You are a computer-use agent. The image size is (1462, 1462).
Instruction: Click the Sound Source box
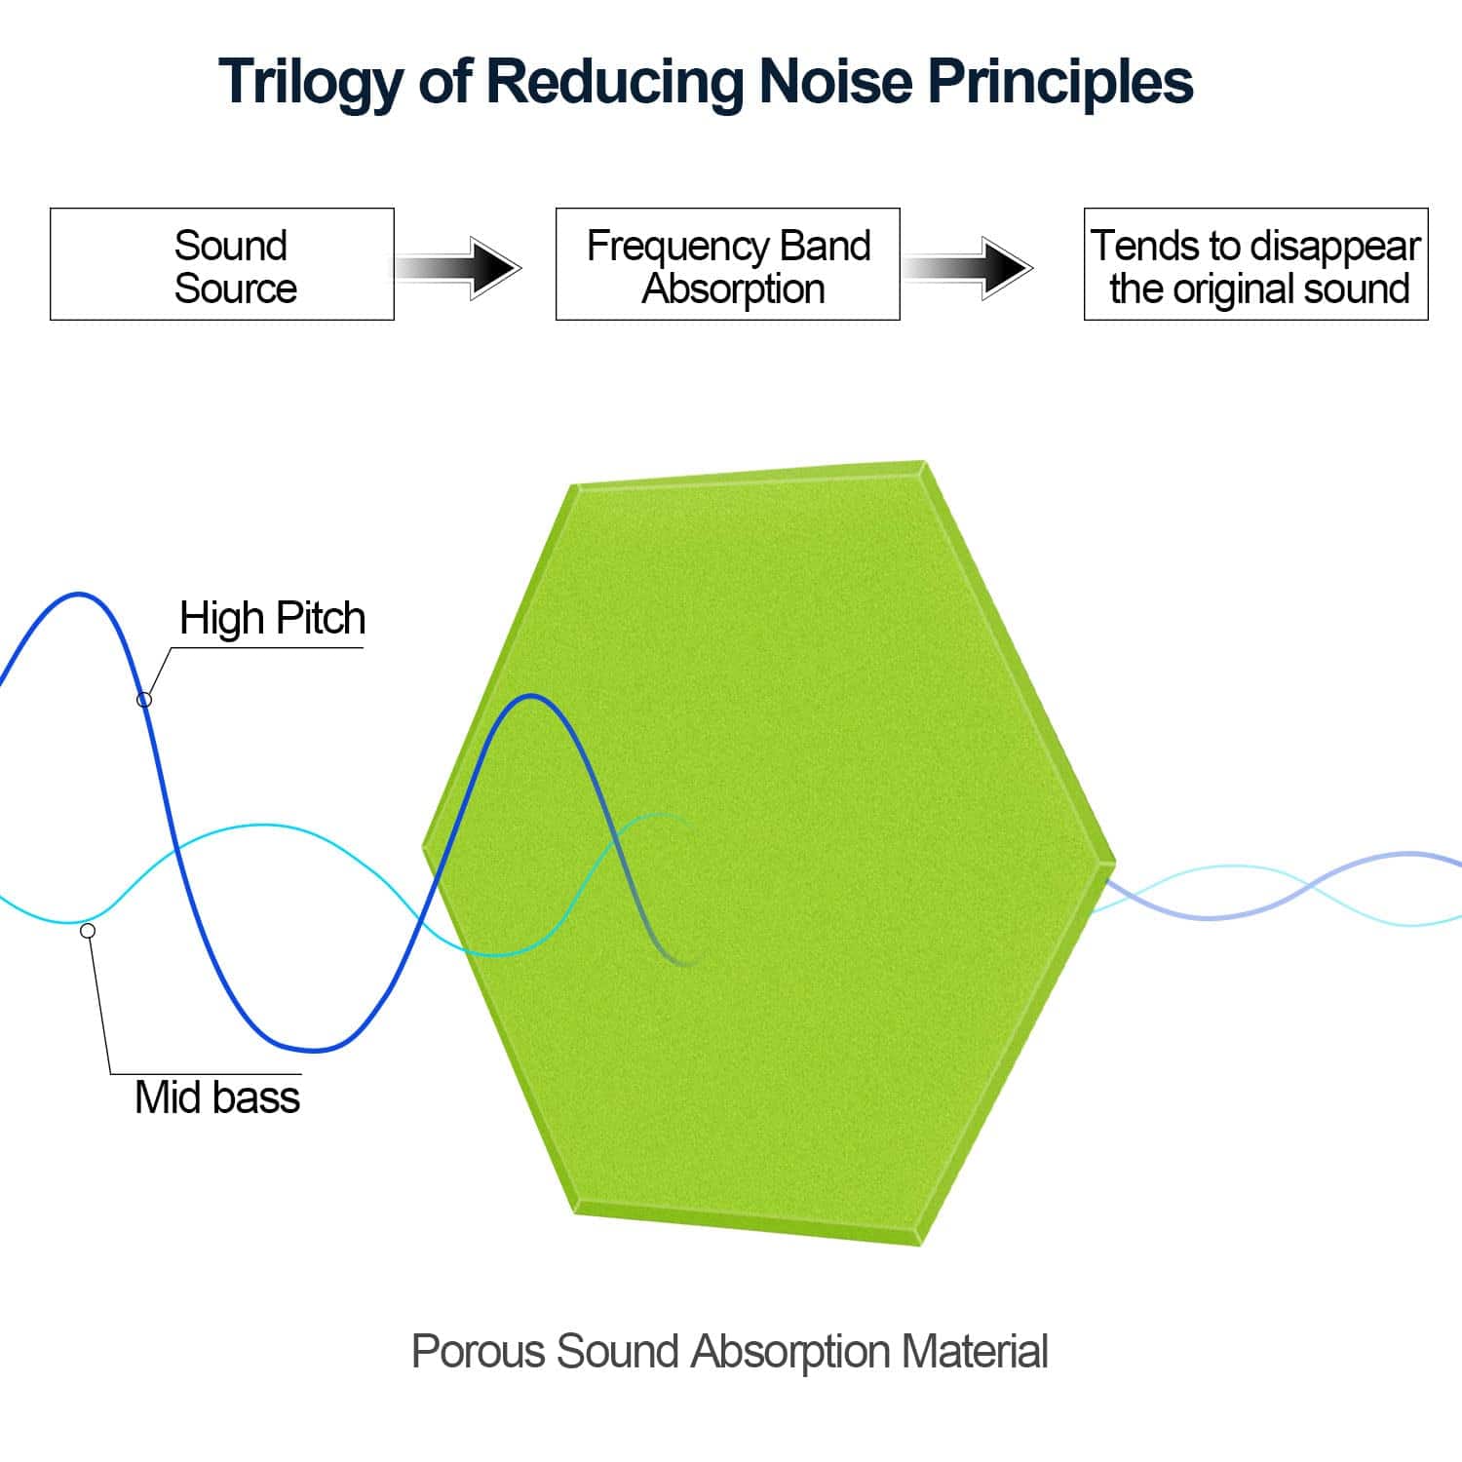[222, 264]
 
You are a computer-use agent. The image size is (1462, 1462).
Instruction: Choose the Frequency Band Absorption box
[727, 264]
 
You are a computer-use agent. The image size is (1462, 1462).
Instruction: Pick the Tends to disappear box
[1255, 264]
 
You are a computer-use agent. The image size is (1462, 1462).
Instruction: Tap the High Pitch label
[272, 619]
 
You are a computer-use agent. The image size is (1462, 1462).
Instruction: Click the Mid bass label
[217, 1097]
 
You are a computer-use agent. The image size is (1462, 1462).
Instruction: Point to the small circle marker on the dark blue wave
[144, 699]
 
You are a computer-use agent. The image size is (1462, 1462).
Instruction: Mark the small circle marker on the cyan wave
[88, 931]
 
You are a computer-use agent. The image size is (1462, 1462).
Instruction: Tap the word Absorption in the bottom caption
[790, 1352]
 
